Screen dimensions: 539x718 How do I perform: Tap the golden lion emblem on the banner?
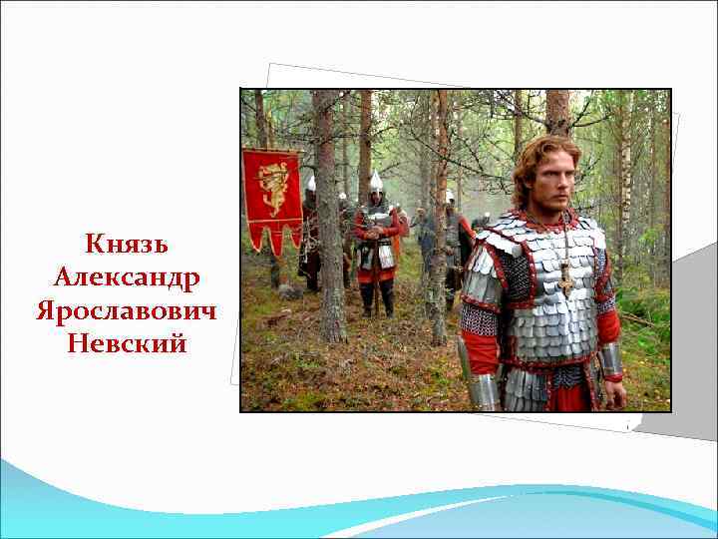[272, 187]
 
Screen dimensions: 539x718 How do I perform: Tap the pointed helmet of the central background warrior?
[376, 181]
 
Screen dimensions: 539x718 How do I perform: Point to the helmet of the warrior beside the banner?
[310, 183]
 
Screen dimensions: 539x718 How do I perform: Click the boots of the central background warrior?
[378, 298]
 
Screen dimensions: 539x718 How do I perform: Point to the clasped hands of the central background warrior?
[375, 236]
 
